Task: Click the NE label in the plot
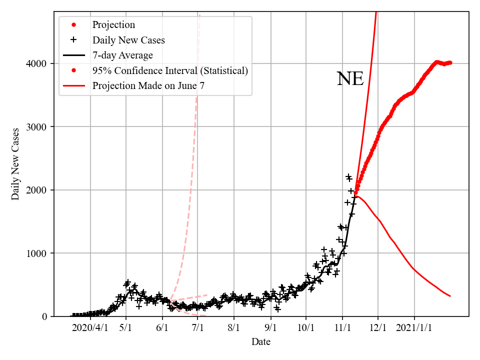coord(350,79)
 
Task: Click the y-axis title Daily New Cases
coord(15,164)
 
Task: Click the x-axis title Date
coord(261,342)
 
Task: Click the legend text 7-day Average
coord(122,55)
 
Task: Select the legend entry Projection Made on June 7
coord(148,86)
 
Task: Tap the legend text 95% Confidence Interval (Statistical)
coord(170,71)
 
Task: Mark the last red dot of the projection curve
coord(450,62)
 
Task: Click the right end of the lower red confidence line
coord(450,296)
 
